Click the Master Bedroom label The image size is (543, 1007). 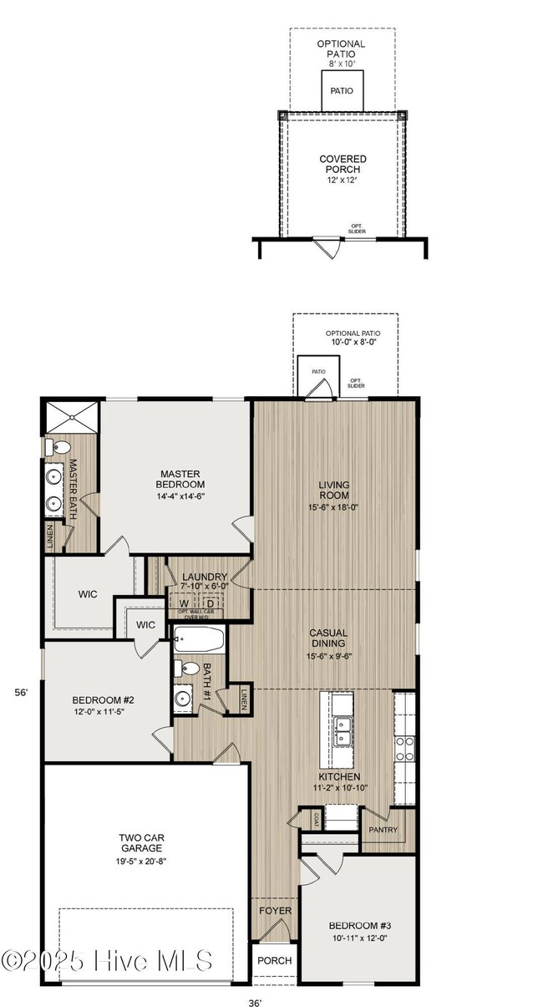tap(180, 479)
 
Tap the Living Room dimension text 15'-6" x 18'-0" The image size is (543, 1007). tap(333, 506)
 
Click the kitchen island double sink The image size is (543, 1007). tap(342, 730)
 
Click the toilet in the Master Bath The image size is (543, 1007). tap(51, 447)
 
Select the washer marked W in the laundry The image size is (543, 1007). tap(184, 603)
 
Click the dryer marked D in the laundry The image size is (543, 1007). tap(211, 603)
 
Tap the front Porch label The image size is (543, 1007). tap(273, 960)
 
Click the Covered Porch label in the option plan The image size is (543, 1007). tap(343, 164)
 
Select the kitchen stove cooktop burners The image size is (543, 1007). tap(405, 748)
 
